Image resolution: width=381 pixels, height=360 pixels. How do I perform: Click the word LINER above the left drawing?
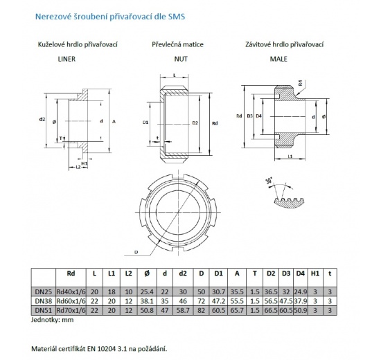(66, 60)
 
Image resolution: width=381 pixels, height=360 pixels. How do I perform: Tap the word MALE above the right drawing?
(278, 60)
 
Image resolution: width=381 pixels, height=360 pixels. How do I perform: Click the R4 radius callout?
(299, 84)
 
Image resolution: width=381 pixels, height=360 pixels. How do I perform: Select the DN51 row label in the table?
(43, 311)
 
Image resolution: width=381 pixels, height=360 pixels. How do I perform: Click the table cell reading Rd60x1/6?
(72, 301)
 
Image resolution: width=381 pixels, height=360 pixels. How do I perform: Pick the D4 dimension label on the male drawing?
(259, 116)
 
